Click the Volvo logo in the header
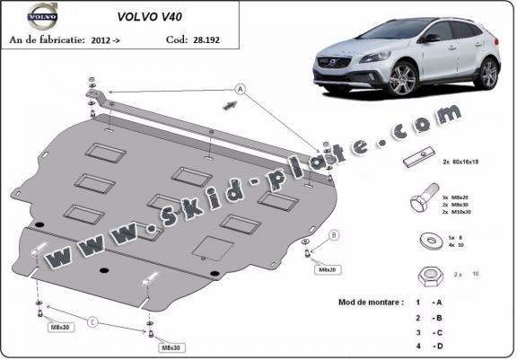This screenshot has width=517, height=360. tap(41, 14)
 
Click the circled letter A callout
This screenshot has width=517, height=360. tap(240, 88)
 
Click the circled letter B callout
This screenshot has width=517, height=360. tap(335, 235)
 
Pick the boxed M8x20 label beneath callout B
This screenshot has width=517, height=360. tap(324, 268)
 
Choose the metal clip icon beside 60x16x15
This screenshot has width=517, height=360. tap(417, 162)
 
